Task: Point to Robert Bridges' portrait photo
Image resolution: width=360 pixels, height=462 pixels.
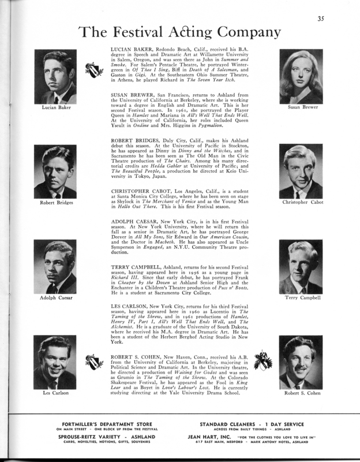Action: tap(55, 172)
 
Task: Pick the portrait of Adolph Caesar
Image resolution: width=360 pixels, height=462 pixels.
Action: tap(55, 268)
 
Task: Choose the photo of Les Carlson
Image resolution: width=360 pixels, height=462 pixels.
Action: tap(55, 363)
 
